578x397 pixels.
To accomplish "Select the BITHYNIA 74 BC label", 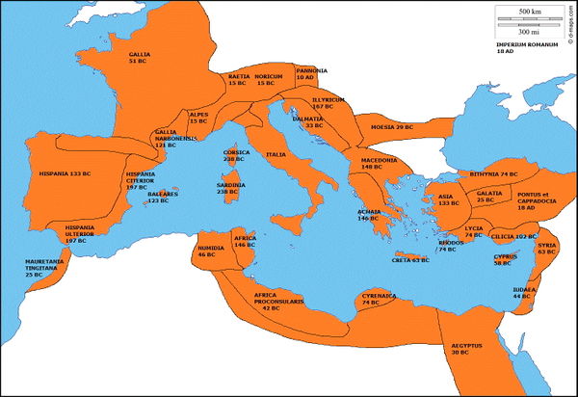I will pyautogui.click(x=496, y=173).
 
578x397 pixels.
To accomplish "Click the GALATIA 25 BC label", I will pyautogui.click(x=489, y=197).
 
